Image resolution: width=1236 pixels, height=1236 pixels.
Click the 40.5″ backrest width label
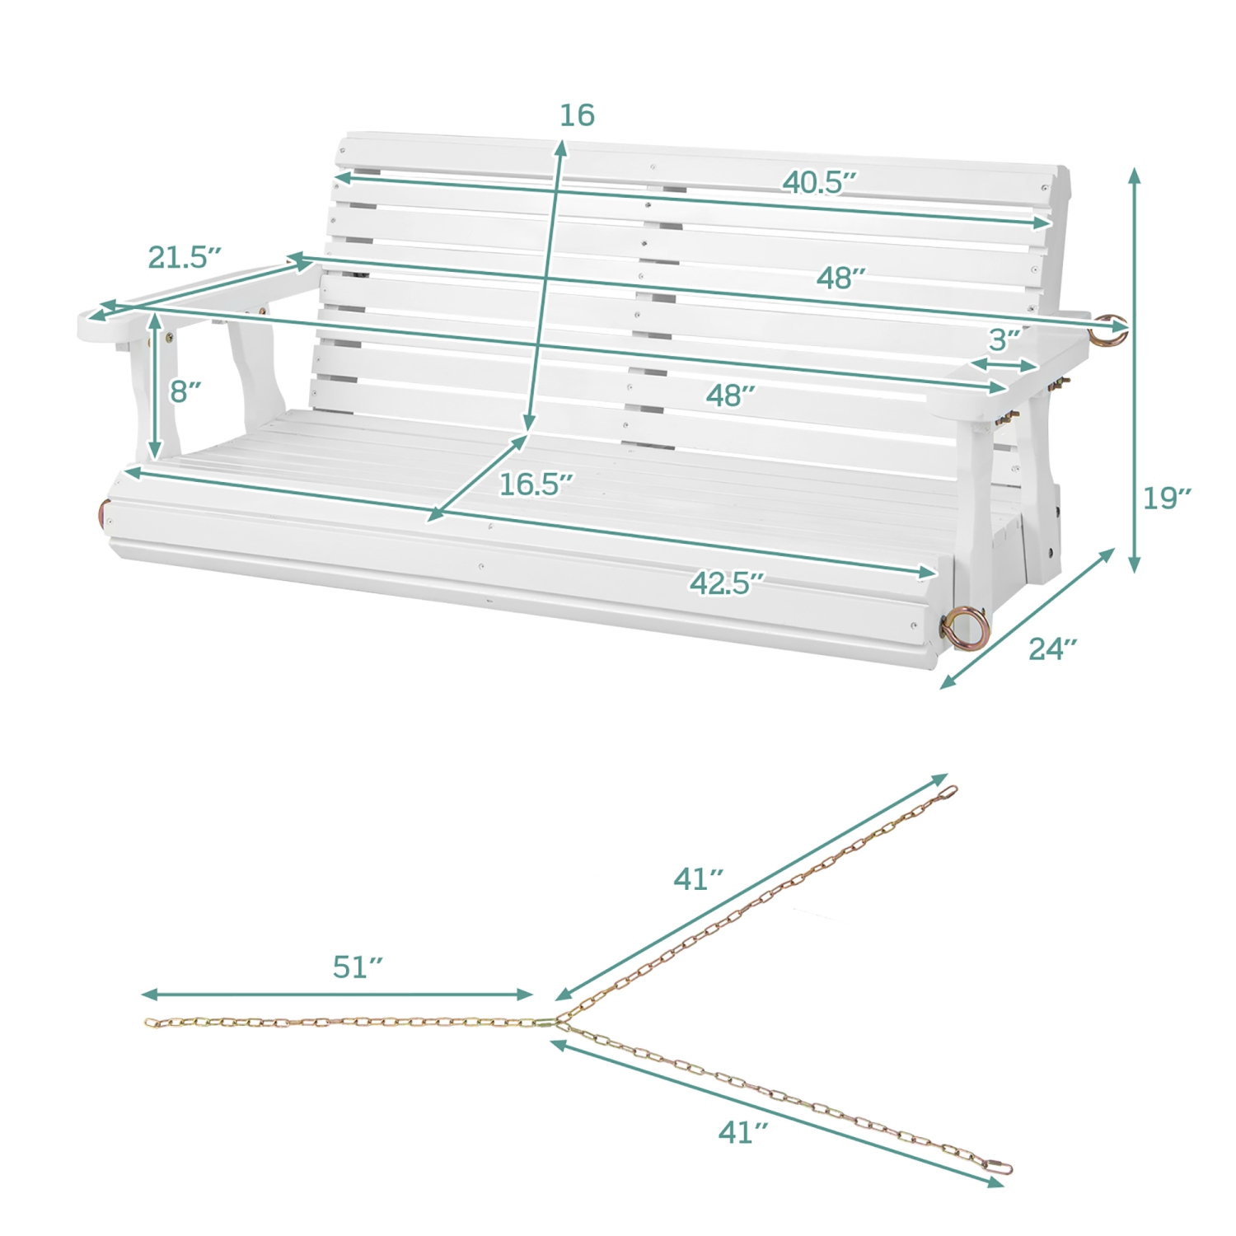(x=820, y=182)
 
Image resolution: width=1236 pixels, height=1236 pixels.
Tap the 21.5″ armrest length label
(x=185, y=257)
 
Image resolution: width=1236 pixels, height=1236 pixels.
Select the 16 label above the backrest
(x=577, y=115)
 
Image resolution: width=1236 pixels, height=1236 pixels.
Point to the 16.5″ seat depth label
(x=536, y=485)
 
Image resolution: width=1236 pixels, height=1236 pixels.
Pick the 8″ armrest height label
(x=185, y=391)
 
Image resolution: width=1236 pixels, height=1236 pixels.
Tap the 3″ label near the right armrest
(x=1004, y=339)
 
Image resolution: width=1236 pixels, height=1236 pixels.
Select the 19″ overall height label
(x=1167, y=498)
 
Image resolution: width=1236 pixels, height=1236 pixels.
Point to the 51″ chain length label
(x=358, y=967)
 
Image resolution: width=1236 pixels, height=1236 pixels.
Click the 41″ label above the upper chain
(x=698, y=879)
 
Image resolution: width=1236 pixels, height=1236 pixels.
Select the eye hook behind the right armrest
(x=1107, y=330)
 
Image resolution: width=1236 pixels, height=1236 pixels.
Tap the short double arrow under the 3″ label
(x=1004, y=365)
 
